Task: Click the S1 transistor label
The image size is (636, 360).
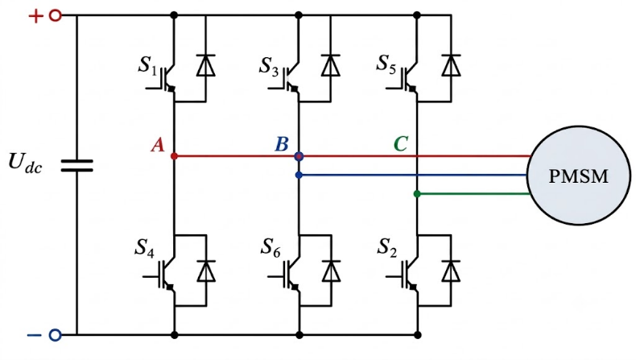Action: tap(147, 66)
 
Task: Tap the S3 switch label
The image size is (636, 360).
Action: tap(269, 66)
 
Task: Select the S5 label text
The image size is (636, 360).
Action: tap(386, 64)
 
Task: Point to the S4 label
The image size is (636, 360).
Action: tap(144, 248)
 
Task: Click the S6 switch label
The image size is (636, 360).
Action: tap(271, 247)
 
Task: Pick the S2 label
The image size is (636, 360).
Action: tap(387, 247)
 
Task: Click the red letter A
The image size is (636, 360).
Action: tap(158, 145)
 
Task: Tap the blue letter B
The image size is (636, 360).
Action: tap(282, 144)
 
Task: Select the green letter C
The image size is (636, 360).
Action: tap(401, 143)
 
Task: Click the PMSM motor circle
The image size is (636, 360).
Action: tap(579, 176)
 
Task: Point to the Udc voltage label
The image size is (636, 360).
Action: tap(25, 163)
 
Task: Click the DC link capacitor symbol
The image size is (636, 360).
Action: tap(76, 166)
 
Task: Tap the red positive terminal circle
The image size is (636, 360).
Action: tap(56, 16)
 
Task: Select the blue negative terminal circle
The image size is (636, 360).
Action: tap(56, 335)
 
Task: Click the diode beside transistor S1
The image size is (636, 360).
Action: tap(205, 65)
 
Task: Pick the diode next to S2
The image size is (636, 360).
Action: tap(451, 271)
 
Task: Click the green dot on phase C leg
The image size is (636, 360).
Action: tap(417, 194)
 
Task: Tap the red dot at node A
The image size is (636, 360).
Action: tap(174, 156)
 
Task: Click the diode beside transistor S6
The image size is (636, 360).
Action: tap(331, 271)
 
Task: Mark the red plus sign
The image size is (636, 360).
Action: tap(35, 16)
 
